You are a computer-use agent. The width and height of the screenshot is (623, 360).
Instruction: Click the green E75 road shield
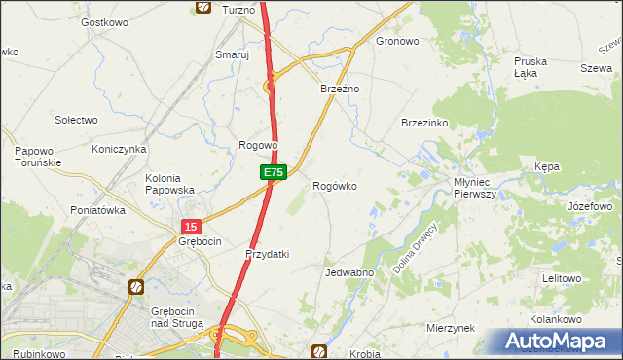click(x=273, y=172)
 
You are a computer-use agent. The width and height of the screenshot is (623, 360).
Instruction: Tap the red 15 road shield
click(x=190, y=226)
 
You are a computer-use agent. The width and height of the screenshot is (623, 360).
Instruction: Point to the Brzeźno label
click(x=341, y=89)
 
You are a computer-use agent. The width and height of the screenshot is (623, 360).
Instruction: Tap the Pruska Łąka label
click(x=531, y=67)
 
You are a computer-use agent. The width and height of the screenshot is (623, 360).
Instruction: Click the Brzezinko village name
click(x=423, y=124)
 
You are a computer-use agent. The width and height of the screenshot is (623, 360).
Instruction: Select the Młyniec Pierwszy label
click(x=475, y=188)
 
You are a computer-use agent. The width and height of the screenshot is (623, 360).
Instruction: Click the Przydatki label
click(x=268, y=254)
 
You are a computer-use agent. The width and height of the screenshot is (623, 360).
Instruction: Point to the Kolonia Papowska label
click(x=170, y=184)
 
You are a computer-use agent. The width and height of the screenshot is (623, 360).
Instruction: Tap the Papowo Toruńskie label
click(x=38, y=157)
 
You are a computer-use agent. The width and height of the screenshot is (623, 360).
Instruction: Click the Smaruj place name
click(x=233, y=55)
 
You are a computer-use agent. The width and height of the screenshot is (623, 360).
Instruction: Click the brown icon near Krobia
click(x=318, y=350)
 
